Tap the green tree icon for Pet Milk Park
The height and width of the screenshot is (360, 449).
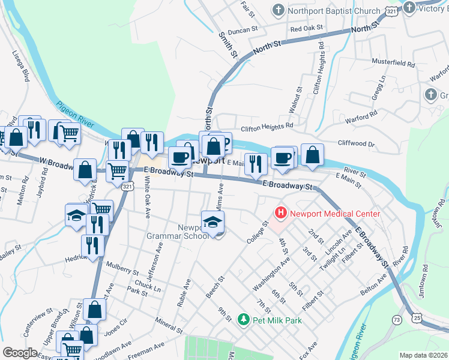coord(243,320)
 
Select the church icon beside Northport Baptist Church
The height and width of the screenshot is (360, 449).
coord(278,10)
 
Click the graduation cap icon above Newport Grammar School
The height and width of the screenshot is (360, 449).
coord(212,222)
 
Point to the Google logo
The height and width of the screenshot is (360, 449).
coord(20,353)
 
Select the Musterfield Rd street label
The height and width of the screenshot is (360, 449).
coord(394,63)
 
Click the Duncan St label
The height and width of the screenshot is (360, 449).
coord(241,28)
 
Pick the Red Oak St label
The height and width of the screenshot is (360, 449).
coord(306,28)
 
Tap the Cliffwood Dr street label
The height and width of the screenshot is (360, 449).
coord(356,144)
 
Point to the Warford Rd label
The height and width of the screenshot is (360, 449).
coord(361,112)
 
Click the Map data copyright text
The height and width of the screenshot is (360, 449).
coord(423,355)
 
